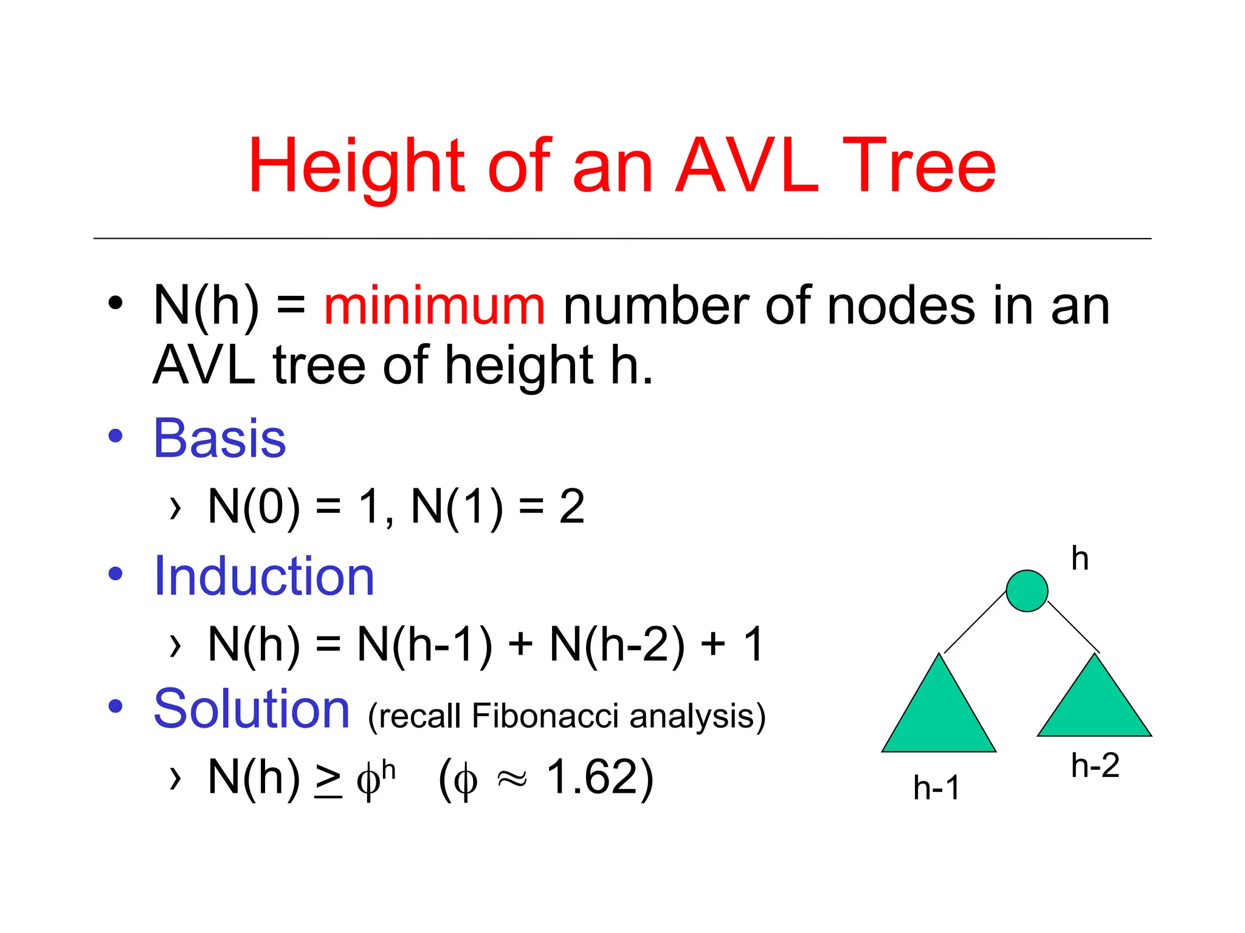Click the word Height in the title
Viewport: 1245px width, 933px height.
coord(356,165)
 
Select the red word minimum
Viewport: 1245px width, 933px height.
coord(434,306)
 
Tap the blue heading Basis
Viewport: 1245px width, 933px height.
coord(219,438)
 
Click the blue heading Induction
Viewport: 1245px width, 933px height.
coord(264,576)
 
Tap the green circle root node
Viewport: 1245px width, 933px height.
coord(1027,590)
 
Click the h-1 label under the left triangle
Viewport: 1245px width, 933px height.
coord(936,788)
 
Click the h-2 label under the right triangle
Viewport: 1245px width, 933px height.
coord(1095,765)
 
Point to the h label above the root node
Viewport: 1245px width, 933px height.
coord(1080,558)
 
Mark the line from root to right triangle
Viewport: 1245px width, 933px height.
coord(1074,627)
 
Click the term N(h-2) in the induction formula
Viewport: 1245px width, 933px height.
coord(617,644)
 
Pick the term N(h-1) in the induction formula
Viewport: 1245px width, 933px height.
coord(424,644)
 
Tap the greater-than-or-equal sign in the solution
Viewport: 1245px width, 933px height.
coord(328,779)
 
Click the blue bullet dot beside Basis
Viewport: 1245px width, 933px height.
coord(116,436)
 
